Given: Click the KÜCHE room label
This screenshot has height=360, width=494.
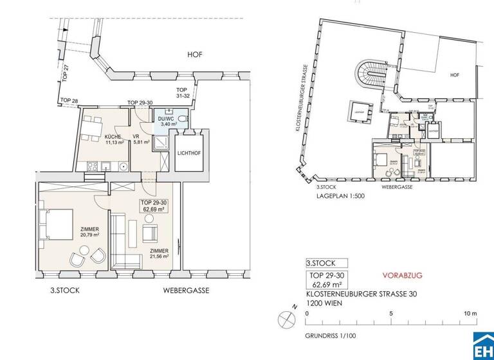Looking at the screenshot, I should click(x=96, y=137).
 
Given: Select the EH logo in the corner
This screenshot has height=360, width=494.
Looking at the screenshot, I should click(x=482, y=348).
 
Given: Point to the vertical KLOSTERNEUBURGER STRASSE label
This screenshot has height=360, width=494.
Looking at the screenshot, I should click(x=300, y=96).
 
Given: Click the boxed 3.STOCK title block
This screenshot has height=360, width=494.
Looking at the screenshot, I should click(x=327, y=262).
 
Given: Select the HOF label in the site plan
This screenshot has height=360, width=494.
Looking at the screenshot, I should click(x=455, y=75).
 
